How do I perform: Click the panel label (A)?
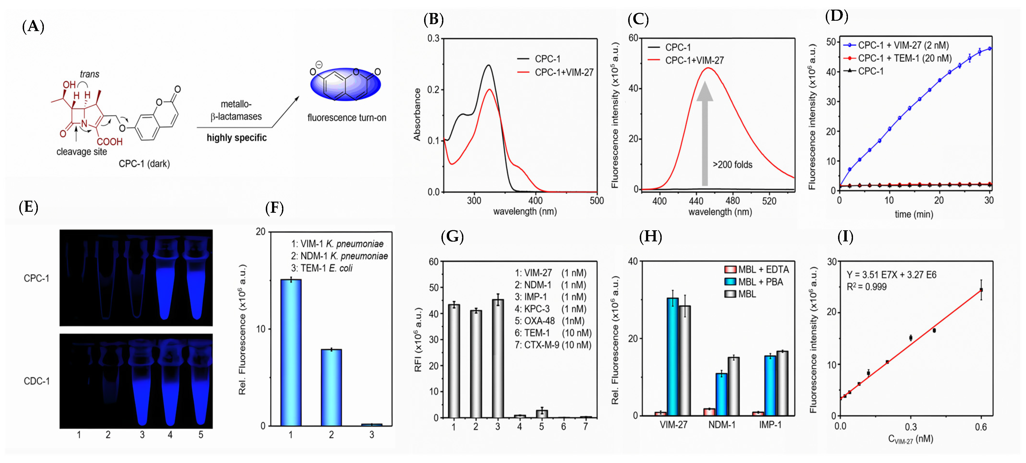point(33,27)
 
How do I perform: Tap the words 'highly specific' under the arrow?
point(237,138)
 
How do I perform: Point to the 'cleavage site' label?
point(82,152)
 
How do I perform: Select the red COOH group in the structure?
point(110,142)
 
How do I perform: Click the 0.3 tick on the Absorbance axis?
point(433,39)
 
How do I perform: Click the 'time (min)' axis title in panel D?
point(914,214)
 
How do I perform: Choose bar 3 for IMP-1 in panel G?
point(498,358)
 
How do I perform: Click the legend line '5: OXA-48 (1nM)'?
point(550,321)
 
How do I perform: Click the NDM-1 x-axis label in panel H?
point(721,425)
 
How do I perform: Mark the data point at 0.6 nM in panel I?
point(981,290)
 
